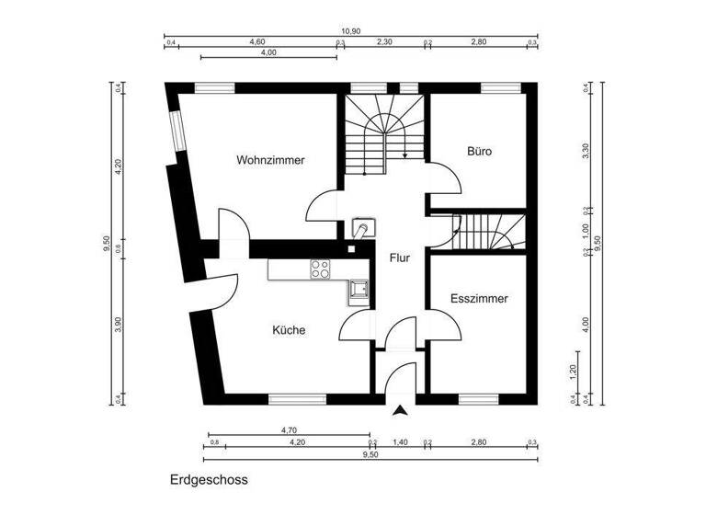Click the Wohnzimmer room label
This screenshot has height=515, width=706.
[270, 160]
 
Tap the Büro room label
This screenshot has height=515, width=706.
[479, 151]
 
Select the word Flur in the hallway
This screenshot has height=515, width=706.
[399, 258]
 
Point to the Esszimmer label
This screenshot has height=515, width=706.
[479, 299]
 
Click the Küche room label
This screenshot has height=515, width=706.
[289, 330]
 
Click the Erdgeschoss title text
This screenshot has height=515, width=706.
[209, 480]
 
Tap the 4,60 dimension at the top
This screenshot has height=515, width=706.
[257, 42]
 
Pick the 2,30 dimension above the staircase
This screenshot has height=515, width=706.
[384, 42]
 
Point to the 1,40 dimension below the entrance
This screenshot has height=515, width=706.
[400, 442]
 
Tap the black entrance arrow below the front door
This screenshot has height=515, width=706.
[400, 412]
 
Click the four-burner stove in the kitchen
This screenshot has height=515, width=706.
[321, 269]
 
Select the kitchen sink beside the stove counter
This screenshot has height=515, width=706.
[357, 292]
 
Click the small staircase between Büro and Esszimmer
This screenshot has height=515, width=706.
[487, 231]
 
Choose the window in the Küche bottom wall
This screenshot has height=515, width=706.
[296, 399]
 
